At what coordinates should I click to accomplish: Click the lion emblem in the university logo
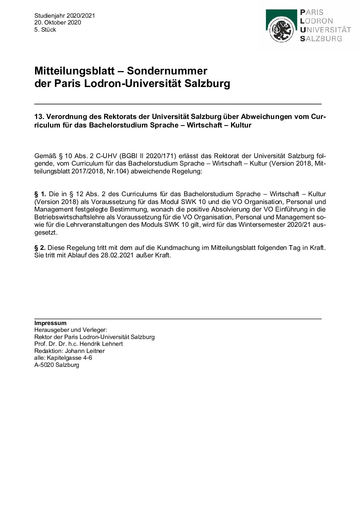tap(281, 30)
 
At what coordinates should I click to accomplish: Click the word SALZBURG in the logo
tap(321, 39)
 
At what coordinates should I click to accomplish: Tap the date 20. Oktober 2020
tap(58, 22)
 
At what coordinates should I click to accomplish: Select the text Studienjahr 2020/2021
tap(65, 16)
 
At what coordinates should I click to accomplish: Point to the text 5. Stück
tap(45, 30)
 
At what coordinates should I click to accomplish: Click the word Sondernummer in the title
tap(167, 71)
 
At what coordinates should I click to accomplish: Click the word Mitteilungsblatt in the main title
tap(74, 71)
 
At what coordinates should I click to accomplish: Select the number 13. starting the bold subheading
tap(39, 117)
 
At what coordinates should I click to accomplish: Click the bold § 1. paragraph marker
tap(40, 194)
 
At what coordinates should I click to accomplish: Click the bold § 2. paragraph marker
tap(40, 248)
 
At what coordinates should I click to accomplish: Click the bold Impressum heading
tap(50, 323)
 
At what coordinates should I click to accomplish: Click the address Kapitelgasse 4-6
tap(69, 358)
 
